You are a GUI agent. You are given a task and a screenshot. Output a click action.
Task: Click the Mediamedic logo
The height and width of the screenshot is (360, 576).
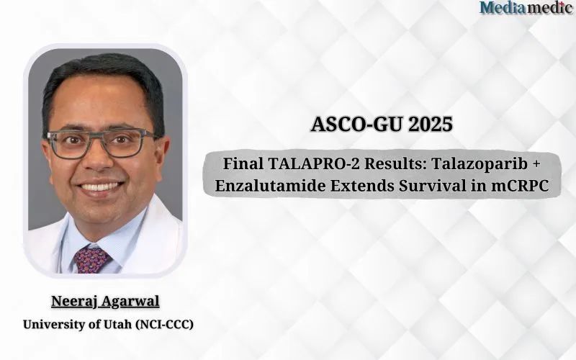click(x=527, y=7)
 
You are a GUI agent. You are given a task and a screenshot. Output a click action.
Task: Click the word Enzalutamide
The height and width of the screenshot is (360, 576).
click(x=269, y=186)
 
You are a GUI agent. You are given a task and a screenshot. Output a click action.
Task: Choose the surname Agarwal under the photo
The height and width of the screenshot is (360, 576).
click(x=131, y=302)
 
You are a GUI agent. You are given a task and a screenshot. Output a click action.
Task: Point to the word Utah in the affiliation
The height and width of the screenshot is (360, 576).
click(x=117, y=325)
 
